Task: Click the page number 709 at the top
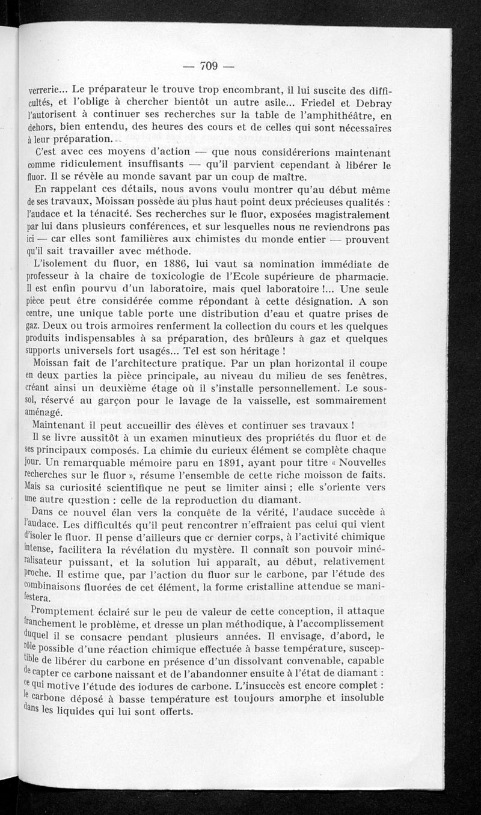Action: pyautogui.click(x=208, y=66)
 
